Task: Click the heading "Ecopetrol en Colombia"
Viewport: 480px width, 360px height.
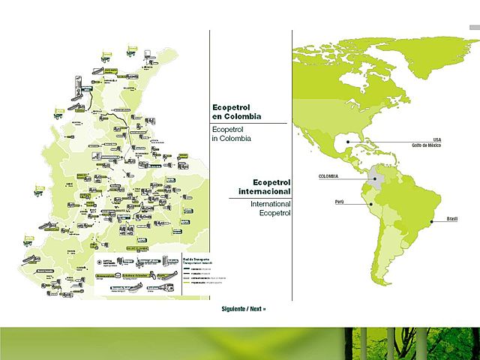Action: click(237, 111)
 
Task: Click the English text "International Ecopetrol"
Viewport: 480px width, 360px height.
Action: click(270, 208)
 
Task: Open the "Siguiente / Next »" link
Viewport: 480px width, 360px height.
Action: click(244, 309)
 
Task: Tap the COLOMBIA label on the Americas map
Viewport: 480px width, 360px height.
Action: click(328, 176)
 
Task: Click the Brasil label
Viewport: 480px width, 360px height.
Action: click(452, 218)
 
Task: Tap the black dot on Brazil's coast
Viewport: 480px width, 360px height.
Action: click(434, 222)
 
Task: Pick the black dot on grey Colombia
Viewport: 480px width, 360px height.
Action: click(375, 178)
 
